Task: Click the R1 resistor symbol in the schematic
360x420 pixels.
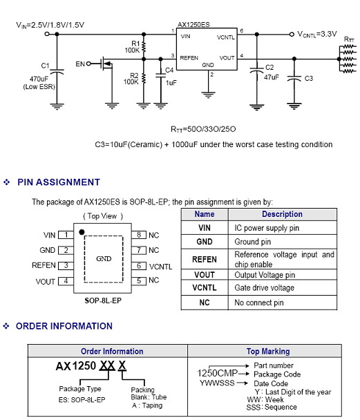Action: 144,47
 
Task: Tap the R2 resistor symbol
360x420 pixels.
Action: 144,79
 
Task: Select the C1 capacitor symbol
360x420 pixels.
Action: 57,72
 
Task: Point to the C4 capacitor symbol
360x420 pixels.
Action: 160,75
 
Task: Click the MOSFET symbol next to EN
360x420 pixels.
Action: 106,64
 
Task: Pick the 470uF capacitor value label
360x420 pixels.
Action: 39,79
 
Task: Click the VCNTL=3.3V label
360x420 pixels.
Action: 317,35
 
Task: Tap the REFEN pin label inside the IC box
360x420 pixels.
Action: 189,58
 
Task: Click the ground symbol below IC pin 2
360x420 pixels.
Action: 209,95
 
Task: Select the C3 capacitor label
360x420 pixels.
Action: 309,79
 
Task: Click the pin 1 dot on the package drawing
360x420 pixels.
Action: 82,232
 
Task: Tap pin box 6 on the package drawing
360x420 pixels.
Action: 139,266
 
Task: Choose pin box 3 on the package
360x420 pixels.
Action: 66,265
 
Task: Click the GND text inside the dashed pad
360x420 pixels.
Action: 104,259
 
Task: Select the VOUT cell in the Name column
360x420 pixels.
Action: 205,275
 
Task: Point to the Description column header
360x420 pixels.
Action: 283,214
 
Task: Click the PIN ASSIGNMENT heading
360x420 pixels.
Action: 59,182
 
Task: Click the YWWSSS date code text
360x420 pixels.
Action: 217,383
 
